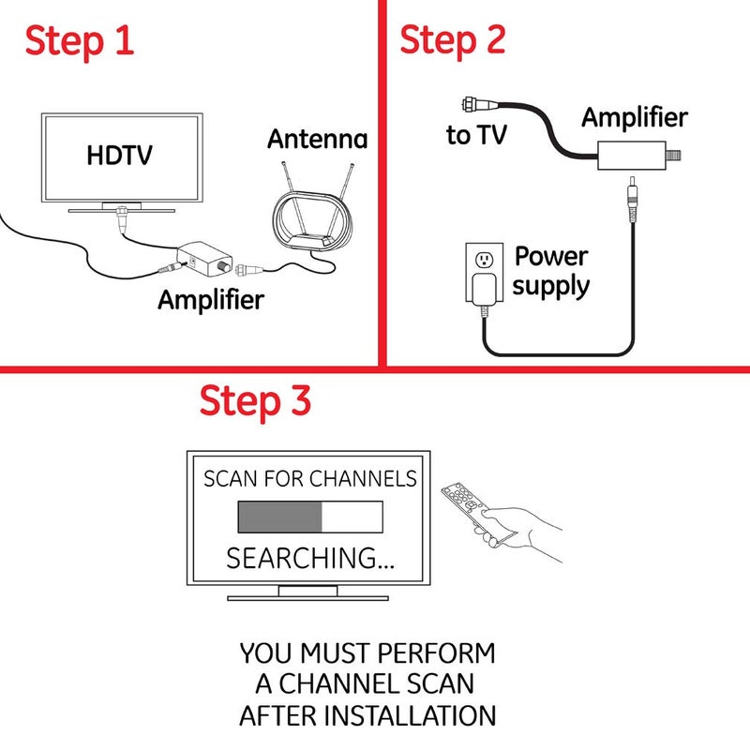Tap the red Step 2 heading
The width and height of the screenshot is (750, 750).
tap(453, 39)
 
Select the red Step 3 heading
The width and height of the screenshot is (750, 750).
tap(255, 401)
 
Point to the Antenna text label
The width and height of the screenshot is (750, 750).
tap(317, 140)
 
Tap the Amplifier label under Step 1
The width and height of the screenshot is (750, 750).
tap(211, 300)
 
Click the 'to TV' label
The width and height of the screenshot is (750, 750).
tap(476, 135)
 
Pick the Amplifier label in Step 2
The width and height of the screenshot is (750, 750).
tap(635, 117)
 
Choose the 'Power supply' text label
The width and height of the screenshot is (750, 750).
tap(551, 271)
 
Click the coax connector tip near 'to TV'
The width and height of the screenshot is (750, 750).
tap(466, 103)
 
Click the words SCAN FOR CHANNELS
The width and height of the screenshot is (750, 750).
tap(310, 479)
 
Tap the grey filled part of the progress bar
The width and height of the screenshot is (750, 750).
tap(279, 517)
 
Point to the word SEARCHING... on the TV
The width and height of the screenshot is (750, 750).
tap(310, 559)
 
